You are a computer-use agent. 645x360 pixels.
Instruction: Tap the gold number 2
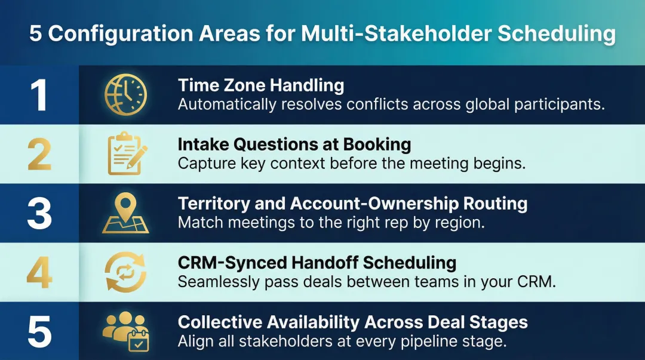pos(39,154)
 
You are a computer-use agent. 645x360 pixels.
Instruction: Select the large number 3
pos(39,213)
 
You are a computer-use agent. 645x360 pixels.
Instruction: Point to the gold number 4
pos(39,272)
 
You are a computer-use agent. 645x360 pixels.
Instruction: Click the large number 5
pos(39,331)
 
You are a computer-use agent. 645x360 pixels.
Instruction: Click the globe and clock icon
pos(125,95)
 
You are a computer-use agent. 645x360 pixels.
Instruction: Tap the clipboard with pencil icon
pos(125,153)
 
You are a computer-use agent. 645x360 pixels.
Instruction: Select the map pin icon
pos(125,213)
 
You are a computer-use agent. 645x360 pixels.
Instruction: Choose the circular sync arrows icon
pos(125,272)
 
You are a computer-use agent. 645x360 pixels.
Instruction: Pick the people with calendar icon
pos(126,331)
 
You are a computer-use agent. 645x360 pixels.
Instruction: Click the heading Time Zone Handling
pos(261,85)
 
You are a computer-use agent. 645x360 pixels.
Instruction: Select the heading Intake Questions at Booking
pos(294,144)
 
